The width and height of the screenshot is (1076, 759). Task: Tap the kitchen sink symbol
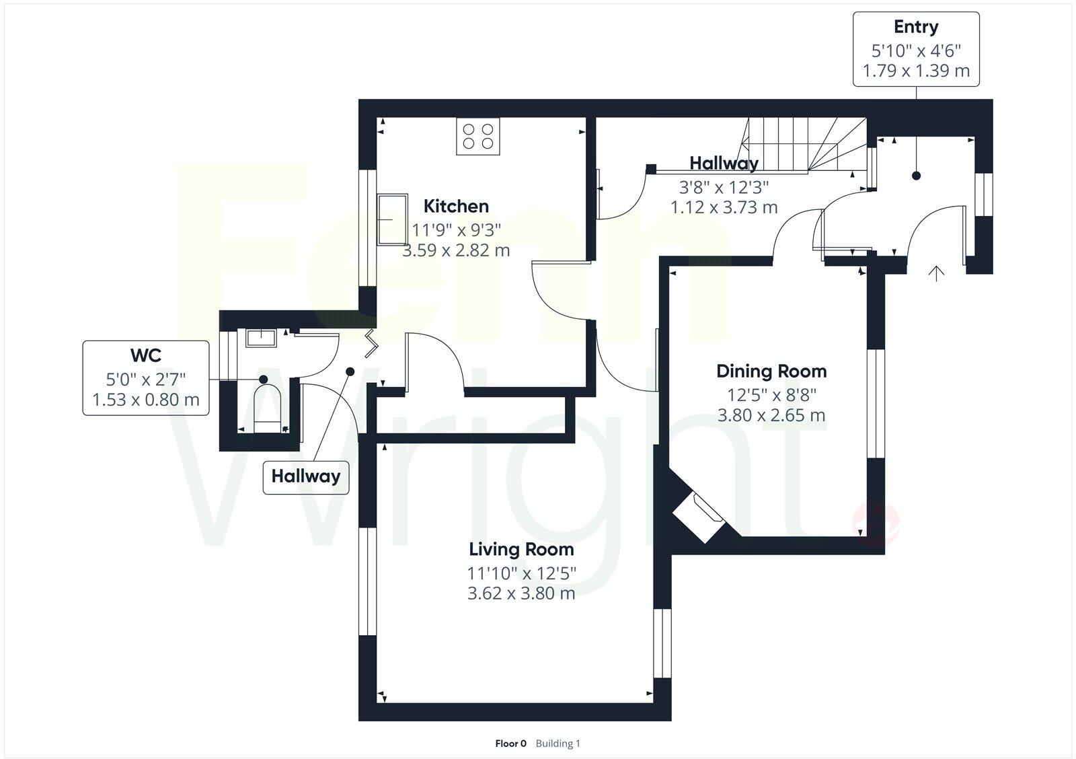point(392,219)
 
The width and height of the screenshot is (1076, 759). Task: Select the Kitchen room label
point(456,206)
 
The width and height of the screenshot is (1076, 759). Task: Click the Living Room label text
point(521,549)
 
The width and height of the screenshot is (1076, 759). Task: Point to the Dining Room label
point(771,371)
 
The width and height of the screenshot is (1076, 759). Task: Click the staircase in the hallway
point(804,145)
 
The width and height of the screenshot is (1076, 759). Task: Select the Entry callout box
point(916,48)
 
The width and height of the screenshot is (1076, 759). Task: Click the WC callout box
point(146,378)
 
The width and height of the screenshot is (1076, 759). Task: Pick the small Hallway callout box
point(306,476)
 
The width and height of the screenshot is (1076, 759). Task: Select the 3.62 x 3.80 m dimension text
point(521,593)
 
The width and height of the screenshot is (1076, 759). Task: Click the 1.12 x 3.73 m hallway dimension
point(724,207)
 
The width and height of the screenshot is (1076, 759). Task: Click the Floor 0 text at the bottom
point(510,744)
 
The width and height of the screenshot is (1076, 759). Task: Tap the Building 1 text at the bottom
point(558,744)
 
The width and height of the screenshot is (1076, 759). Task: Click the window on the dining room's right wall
point(876,403)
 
